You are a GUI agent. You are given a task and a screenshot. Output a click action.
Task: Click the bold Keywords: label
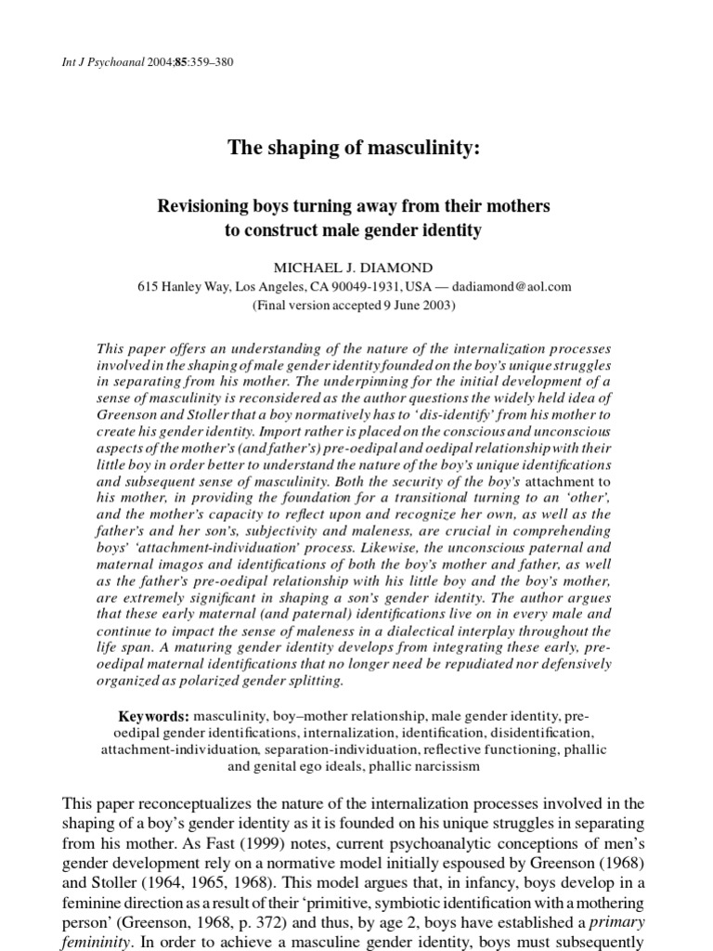153,718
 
